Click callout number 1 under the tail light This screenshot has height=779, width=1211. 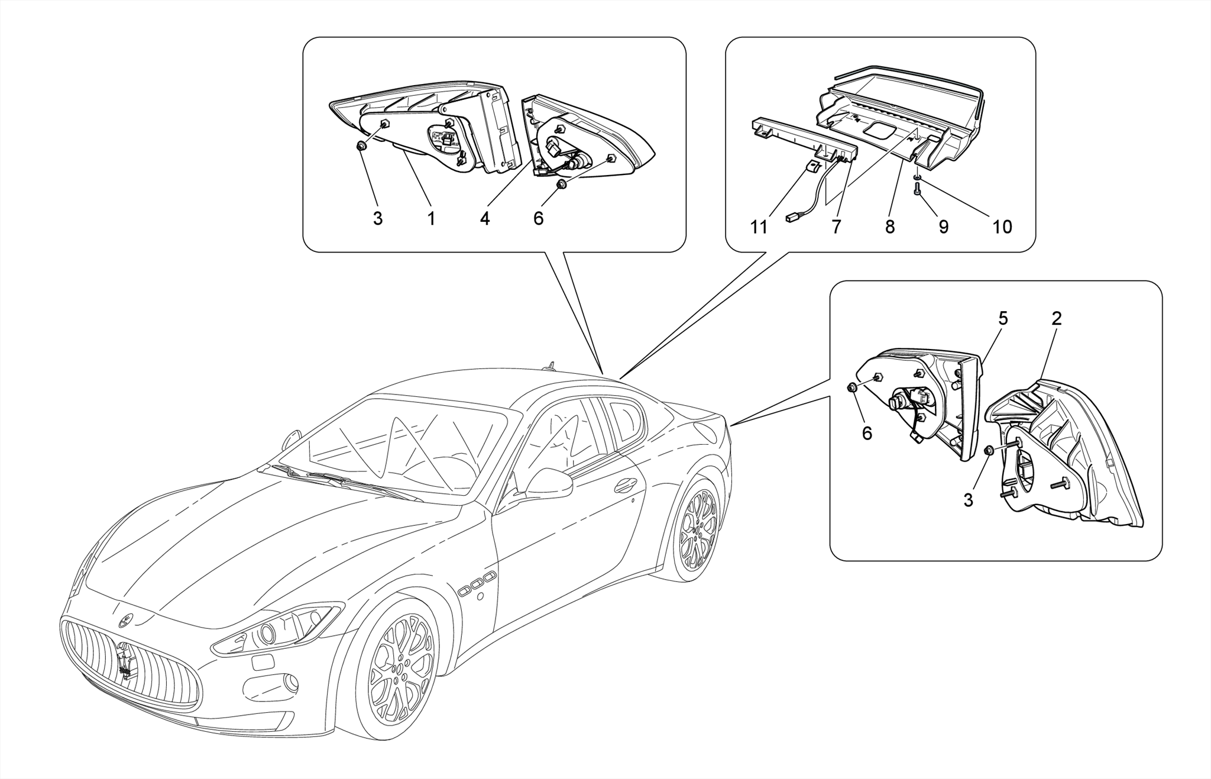coord(432,219)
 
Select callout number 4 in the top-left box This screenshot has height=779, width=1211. coord(485,219)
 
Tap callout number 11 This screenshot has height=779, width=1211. coord(759,227)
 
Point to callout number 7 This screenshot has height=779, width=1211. coord(836,227)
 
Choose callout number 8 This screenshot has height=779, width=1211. coord(890,227)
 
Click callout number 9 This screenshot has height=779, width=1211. coord(944,227)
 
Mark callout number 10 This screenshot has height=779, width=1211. coord(1002,227)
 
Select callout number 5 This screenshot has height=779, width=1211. coord(1003,319)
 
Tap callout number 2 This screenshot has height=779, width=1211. coord(1057,319)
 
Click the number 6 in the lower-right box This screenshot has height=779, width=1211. coord(867,434)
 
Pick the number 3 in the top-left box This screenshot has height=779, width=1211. coord(378,219)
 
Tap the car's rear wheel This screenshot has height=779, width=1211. coord(698,530)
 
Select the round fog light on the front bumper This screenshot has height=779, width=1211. coord(290,683)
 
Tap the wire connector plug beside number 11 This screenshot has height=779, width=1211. coord(792,218)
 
